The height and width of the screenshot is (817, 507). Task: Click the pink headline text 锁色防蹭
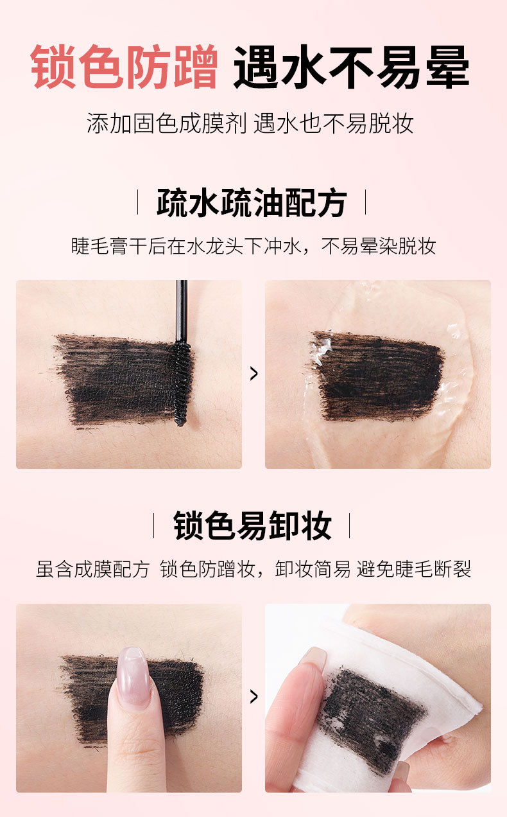pyautogui.click(x=124, y=67)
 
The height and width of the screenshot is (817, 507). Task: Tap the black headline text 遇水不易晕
pyautogui.click(x=351, y=67)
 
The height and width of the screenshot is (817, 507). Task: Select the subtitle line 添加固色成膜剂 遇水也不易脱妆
pyautogui.click(x=250, y=123)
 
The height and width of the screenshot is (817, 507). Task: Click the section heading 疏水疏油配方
pyautogui.click(x=252, y=202)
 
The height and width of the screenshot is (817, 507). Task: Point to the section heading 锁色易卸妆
pyautogui.click(x=252, y=525)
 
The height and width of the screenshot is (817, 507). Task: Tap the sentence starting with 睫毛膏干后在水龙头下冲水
pyautogui.click(x=253, y=246)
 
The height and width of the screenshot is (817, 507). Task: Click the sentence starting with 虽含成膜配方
pyautogui.click(x=253, y=568)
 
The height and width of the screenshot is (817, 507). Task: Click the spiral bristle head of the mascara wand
pyautogui.click(x=181, y=383)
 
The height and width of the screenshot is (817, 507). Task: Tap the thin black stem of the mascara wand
pyautogui.click(x=181, y=310)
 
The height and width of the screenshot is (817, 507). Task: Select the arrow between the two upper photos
pyautogui.click(x=253, y=374)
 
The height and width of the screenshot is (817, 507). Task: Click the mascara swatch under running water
pyautogui.click(x=376, y=376)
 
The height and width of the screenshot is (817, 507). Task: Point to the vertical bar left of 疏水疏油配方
pyautogui.click(x=137, y=202)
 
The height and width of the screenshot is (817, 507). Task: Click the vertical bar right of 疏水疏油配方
pyautogui.click(x=366, y=202)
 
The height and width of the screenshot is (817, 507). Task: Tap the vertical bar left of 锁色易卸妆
pyautogui.click(x=153, y=525)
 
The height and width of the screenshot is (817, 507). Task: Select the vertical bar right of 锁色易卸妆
pyautogui.click(x=350, y=525)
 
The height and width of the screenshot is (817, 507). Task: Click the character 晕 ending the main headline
pyautogui.click(x=448, y=67)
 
